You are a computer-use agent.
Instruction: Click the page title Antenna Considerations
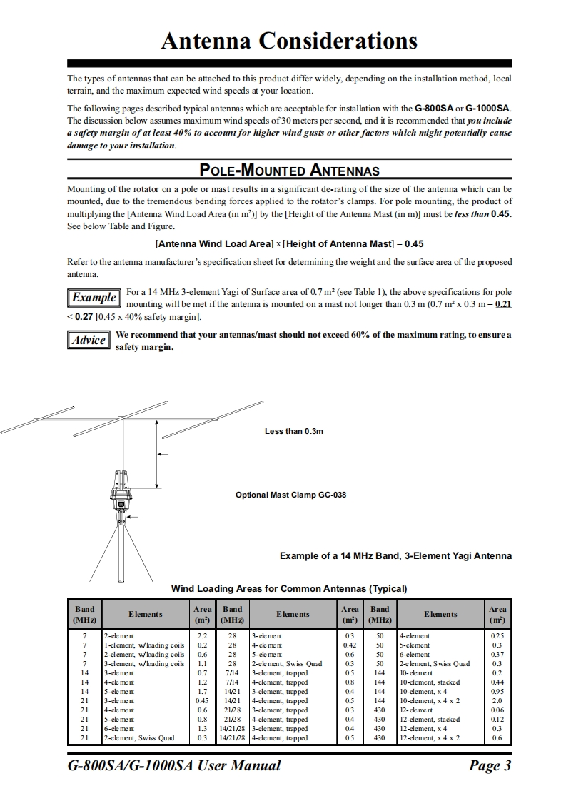coord(289,41)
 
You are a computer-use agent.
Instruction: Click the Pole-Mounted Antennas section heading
coord(289,170)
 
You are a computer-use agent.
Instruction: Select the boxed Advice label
coord(89,340)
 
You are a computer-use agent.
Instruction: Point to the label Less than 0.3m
coord(293,431)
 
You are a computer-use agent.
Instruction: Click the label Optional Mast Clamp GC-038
coord(290,495)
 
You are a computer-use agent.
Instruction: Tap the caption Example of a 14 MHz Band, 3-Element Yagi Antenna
coord(395,555)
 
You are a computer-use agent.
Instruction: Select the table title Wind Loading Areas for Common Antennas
coord(289,589)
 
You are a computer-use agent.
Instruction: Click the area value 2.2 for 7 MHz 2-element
coord(202,635)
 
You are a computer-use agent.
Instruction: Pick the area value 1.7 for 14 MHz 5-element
coord(202,692)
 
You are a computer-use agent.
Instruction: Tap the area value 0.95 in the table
coord(497,692)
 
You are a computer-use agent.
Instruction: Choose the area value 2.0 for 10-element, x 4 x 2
coord(497,701)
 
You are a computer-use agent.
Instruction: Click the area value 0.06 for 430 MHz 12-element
coord(497,710)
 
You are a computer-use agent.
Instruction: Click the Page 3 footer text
coord(490,766)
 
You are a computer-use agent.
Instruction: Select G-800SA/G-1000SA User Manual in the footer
coord(173,766)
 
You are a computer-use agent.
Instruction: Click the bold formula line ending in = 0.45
coord(289,243)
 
